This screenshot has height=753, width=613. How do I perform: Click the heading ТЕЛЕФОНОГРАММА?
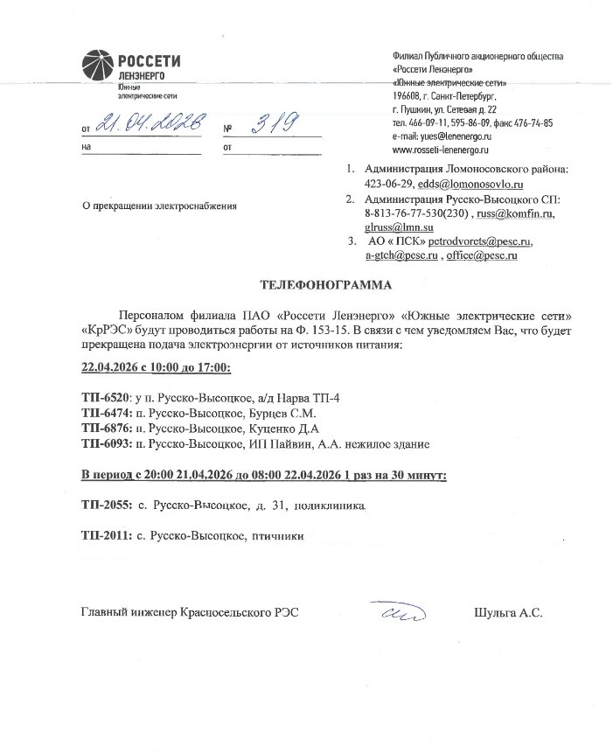(x=326, y=285)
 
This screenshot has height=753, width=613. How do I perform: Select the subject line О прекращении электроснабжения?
(x=158, y=206)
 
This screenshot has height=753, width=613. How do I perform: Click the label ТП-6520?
(x=105, y=398)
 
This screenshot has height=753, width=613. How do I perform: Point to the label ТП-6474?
(x=105, y=414)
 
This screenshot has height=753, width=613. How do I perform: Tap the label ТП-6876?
(x=105, y=429)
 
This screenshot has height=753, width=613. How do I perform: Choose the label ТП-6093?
(x=105, y=444)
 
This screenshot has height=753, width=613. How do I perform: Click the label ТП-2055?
(x=105, y=505)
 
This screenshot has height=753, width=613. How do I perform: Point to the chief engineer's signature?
(x=395, y=611)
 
